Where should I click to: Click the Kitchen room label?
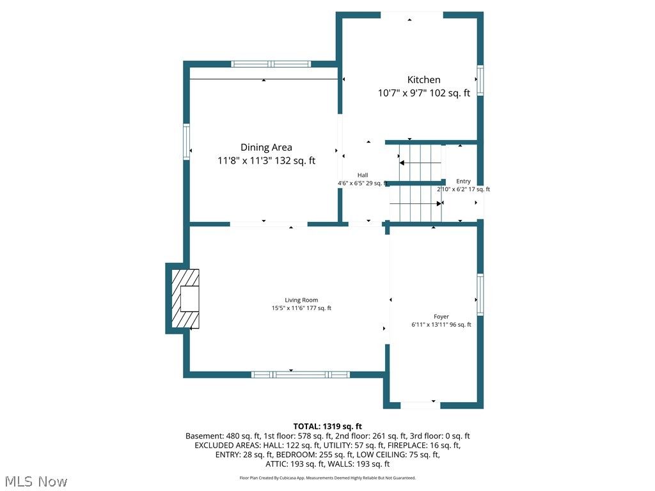(x=423, y=80)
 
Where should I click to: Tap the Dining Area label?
(x=266, y=148)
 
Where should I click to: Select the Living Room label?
(x=301, y=300)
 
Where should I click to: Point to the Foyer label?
(x=441, y=316)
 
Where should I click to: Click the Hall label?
(x=363, y=175)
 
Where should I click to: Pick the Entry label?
(x=463, y=182)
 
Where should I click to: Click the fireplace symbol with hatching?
(x=185, y=299)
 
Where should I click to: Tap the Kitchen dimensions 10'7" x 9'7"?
(x=423, y=93)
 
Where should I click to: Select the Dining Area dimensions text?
(x=266, y=161)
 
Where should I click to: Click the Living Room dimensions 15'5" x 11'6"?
(x=301, y=308)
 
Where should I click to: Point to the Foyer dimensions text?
(x=441, y=325)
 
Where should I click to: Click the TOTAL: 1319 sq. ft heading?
(x=327, y=426)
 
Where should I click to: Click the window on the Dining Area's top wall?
(x=271, y=64)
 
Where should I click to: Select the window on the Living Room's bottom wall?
(x=300, y=375)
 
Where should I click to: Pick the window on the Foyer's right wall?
(x=480, y=295)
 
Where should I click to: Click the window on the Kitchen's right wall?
(x=480, y=81)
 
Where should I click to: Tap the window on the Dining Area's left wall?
(x=187, y=141)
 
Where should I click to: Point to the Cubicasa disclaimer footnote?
(x=327, y=478)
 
